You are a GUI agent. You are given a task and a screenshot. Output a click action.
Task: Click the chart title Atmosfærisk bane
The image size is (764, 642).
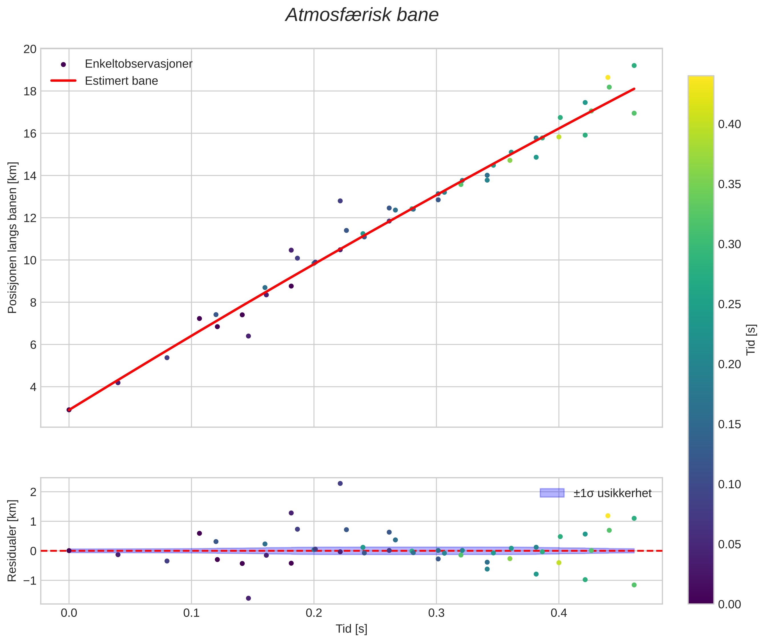[x=362, y=15]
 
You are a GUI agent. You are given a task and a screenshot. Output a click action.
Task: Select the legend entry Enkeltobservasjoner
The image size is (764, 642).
[x=138, y=64]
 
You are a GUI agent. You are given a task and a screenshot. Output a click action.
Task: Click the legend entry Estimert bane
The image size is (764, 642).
[x=121, y=81]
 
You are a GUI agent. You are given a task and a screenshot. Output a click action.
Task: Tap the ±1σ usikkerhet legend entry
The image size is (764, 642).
[x=612, y=493]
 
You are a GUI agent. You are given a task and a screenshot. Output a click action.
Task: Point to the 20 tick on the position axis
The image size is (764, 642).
[x=30, y=49]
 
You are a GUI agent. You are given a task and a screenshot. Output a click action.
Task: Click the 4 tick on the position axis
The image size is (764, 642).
[x=33, y=387]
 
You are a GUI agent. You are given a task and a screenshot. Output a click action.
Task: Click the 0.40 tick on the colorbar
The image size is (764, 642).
[x=729, y=124]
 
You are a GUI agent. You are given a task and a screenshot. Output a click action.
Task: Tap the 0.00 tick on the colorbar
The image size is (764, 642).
[x=729, y=605]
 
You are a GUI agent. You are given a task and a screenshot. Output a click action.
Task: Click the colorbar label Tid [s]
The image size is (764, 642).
[x=751, y=340]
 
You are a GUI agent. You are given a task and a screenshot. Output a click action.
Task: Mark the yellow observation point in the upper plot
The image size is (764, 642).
[x=607, y=77]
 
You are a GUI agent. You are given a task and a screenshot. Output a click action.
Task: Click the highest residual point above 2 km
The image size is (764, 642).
[x=340, y=483]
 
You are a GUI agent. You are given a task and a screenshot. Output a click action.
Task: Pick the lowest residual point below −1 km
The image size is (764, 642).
[x=248, y=598]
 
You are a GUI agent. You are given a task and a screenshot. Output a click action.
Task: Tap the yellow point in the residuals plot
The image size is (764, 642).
[x=607, y=516]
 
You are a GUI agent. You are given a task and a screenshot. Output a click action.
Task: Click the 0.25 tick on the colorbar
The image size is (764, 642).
[x=729, y=304]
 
